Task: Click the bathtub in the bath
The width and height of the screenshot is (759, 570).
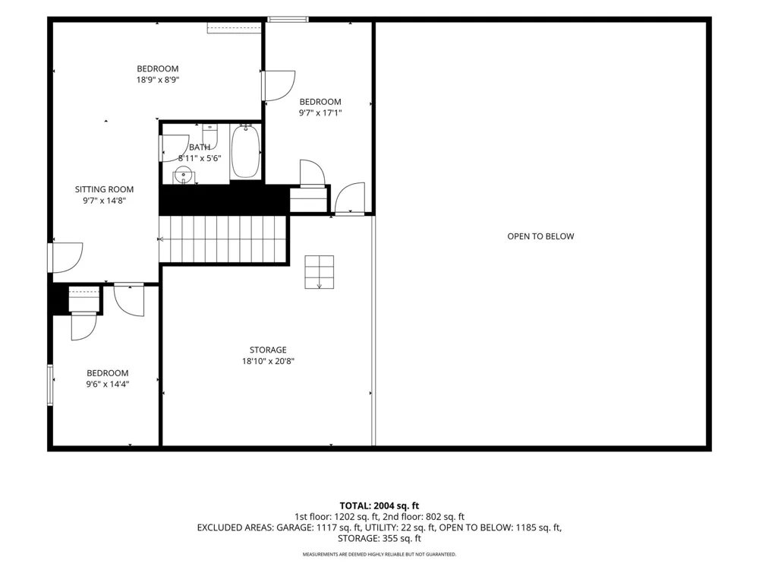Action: coord(245,151)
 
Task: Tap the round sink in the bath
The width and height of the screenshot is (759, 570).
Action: coord(184,175)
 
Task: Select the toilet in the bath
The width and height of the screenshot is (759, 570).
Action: coord(209,135)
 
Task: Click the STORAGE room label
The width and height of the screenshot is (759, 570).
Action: coord(268,350)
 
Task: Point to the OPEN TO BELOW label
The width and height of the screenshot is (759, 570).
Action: coord(540,236)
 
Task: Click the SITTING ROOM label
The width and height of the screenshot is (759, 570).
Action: coord(104,189)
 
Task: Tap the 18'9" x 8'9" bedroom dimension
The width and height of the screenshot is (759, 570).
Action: coord(158,80)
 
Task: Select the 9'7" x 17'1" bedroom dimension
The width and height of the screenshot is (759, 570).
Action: coord(320,112)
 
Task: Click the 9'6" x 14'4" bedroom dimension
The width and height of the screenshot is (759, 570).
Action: coord(108,384)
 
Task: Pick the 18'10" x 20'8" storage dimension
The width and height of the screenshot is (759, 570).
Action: coord(268,360)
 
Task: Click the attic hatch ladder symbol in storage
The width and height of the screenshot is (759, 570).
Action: coord(319,272)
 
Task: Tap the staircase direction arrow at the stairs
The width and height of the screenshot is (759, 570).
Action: coord(162,239)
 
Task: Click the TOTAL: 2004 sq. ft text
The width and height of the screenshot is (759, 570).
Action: coord(379,506)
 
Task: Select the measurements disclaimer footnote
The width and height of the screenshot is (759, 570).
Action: coord(379,554)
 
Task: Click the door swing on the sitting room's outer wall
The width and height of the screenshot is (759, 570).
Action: coord(66,258)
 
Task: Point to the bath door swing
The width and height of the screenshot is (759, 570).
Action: coord(175,148)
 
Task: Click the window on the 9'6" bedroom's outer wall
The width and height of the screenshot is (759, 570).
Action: coord(50,385)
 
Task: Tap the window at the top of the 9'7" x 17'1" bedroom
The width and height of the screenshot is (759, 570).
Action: coord(288,20)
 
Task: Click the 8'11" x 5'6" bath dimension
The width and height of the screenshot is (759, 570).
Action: coord(200,158)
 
